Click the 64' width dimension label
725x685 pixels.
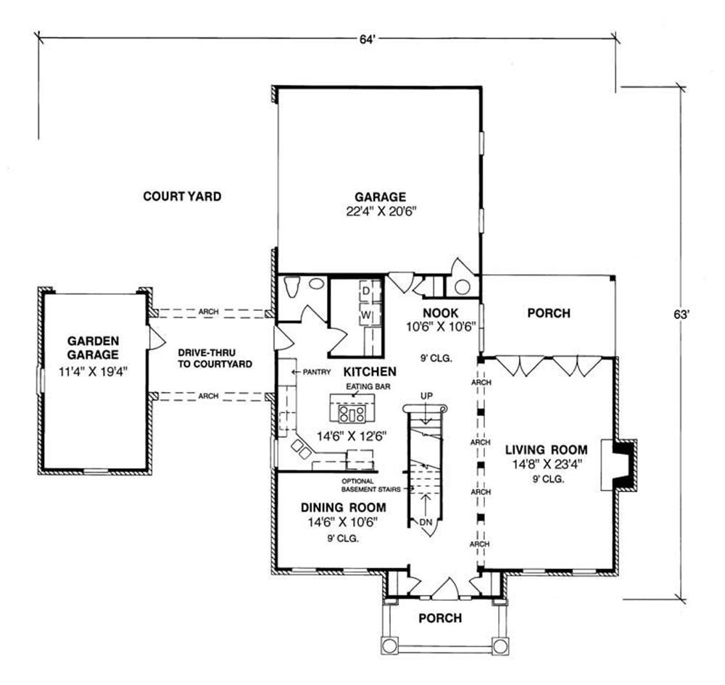click(366, 40)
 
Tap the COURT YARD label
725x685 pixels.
click(182, 196)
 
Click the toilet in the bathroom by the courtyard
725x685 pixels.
click(292, 286)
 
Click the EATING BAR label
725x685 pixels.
click(368, 386)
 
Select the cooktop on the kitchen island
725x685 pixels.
click(352, 414)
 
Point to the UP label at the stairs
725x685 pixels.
click(426, 396)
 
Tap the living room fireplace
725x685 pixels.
click(620, 465)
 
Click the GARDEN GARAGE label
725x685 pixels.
click(93, 348)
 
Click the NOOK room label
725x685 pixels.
click(441, 313)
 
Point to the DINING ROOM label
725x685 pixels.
click(343, 507)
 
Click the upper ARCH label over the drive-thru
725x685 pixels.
click(209, 312)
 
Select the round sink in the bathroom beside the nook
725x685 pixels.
click(463, 287)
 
